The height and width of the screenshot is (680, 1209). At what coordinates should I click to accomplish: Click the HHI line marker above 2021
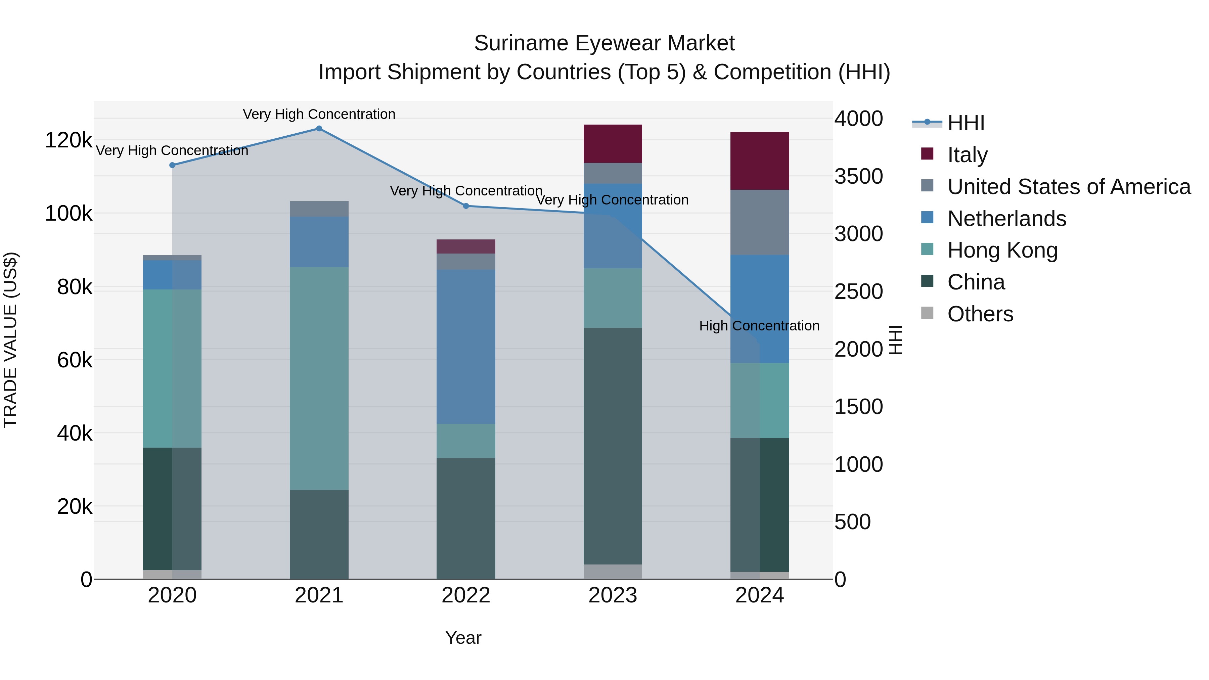319,129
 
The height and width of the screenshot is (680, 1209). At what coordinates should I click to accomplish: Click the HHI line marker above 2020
172,165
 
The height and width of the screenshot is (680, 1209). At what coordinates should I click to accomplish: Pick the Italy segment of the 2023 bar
613,144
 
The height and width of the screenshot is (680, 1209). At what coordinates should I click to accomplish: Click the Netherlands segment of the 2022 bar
465,347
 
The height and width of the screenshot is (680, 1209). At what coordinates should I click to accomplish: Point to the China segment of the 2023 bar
613,446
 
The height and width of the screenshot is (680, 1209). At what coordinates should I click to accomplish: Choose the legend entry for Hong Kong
1002,250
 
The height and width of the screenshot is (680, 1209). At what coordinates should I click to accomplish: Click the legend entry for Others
980,314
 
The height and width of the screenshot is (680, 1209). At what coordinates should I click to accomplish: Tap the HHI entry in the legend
966,123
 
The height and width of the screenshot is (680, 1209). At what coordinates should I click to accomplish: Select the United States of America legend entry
1068,187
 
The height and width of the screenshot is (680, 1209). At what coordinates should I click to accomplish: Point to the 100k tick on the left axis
69,214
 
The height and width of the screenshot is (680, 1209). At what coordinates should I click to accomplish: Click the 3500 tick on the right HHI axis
858,176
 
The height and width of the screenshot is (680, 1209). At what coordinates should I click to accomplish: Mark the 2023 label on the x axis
613,595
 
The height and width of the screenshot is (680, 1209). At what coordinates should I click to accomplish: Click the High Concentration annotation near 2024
759,326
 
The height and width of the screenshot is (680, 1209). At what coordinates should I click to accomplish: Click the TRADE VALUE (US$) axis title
11,340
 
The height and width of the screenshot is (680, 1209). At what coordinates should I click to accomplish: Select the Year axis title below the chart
463,638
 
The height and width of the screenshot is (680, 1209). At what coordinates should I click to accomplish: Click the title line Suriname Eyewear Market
604,43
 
